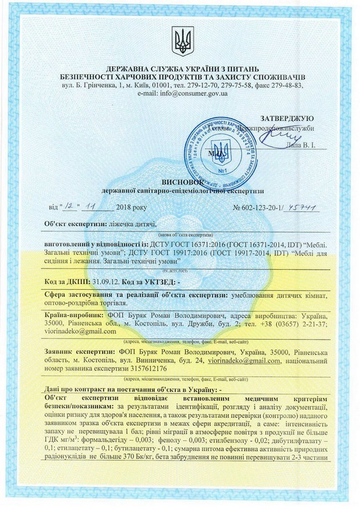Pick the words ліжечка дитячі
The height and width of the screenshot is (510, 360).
[x=130, y=224]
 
